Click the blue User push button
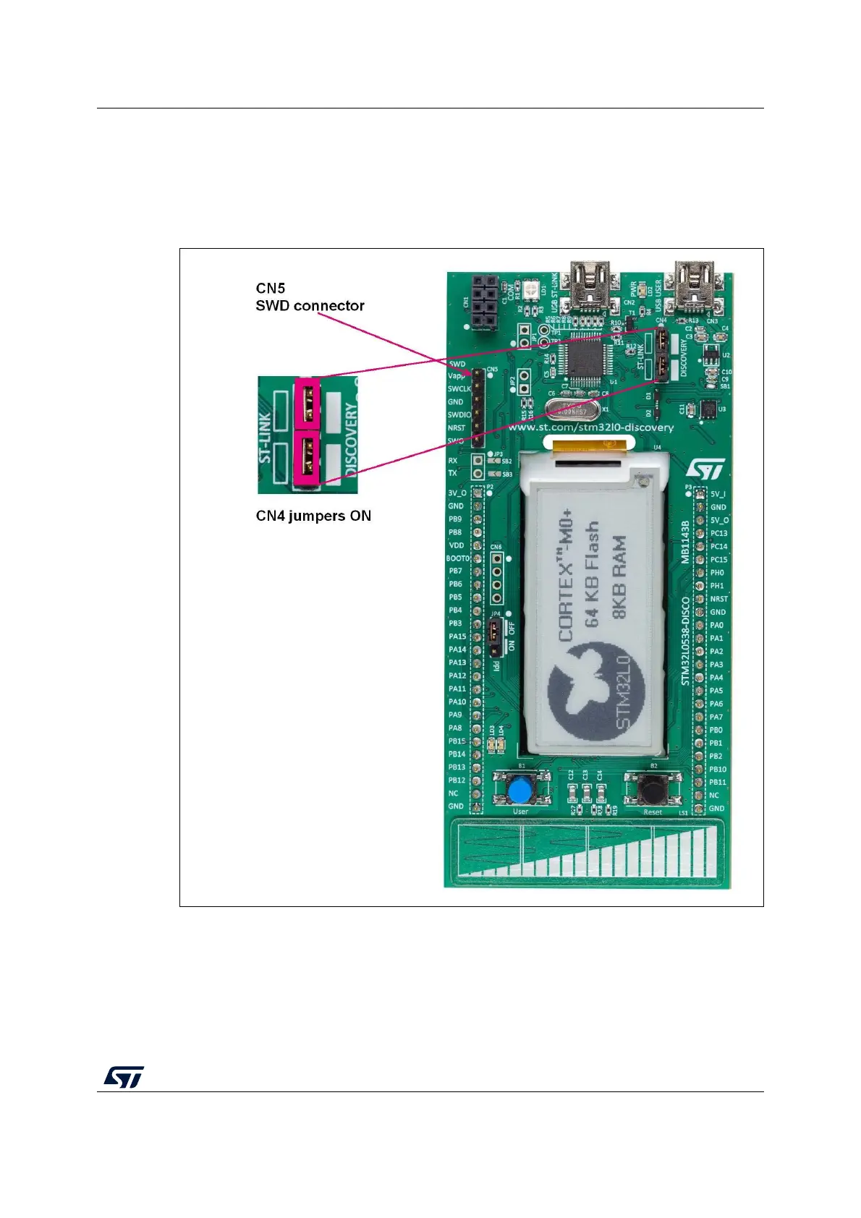pyautogui.click(x=519, y=790)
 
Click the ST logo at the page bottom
pyautogui.click(x=123, y=1076)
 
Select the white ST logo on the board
pyautogui.click(x=704, y=469)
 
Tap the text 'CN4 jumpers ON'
pyautogui.click(x=313, y=516)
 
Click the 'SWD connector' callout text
pyautogui.click(x=310, y=306)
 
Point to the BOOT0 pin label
pyautogui.click(x=457, y=558)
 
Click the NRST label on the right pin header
pyautogui.click(x=718, y=599)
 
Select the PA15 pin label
pyautogui.click(x=457, y=636)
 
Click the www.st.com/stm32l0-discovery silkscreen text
pyautogui.click(x=590, y=427)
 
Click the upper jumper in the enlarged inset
pyautogui.click(x=307, y=402)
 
